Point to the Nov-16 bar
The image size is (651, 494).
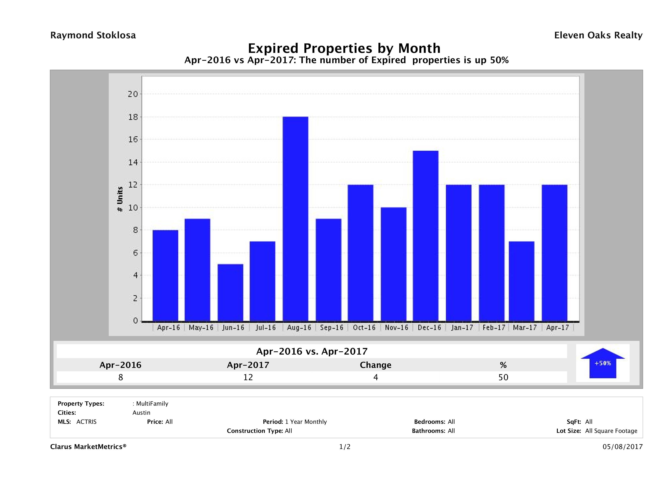click(x=393, y=264)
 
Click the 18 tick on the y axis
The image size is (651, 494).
click(x=133, y=117)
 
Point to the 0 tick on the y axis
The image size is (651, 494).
click(x=135, y=321)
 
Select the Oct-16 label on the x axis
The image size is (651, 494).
click(x=364, y=328)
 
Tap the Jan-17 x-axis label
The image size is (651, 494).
click(x=462, y=328)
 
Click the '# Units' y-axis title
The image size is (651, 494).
click(x=120, y=199)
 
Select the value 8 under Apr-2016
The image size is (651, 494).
click(x=120, y=377)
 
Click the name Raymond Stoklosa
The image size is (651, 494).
click(x=93, y=35)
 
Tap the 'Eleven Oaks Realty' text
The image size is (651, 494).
click(x=598, y=35)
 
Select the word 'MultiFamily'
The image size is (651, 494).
click(x=152, y=404)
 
